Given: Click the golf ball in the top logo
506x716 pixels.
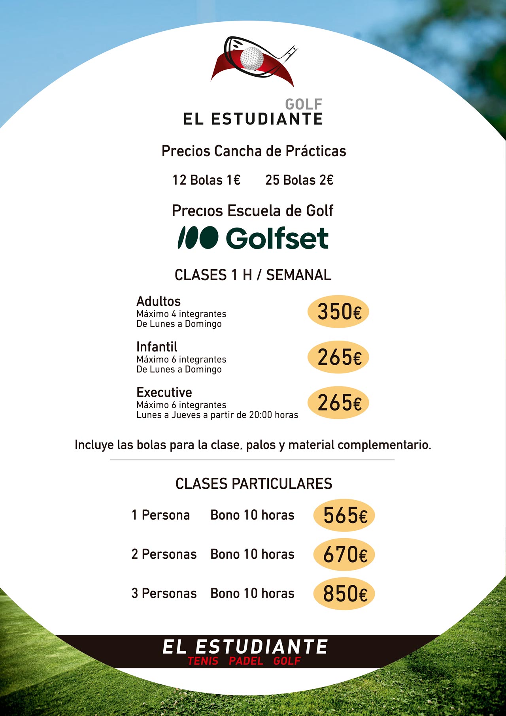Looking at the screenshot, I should pyautogui.click(x=252, y=58).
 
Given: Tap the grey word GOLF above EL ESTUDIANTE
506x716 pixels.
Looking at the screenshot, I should pyautogui.click(x=304, y=104).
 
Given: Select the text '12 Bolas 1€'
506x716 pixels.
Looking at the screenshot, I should pyautogui.click(x=206, y=180).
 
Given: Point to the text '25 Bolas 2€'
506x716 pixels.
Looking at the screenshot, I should pyautogui.click(x=299, y=180).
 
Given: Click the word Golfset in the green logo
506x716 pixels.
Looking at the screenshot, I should pyautogui.click(x=277, y=238).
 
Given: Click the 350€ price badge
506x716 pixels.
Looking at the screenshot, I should pyautogui.click(x=338, y=312).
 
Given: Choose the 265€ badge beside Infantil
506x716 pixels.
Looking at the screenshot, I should pyautogui.click(x=338, y=357).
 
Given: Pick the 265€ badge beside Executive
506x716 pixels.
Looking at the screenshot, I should pyautogui.click(x=338, y=403).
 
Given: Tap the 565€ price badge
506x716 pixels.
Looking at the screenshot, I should pyautogui.click(x=344, y=515).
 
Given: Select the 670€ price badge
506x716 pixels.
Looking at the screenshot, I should pyautogui.click(x=344, y=554).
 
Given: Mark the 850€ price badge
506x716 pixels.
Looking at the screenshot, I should pyautogui.click(x=344, y=594).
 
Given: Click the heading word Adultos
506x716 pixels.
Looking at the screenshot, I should pyautogui.click(x=159, y=301).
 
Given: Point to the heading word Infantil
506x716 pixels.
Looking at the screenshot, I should pyautogui.click(x=157, y=347).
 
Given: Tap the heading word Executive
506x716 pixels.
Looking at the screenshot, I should pyautogui.click(x=164, y=392).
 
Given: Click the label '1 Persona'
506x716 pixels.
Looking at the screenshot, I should pyautogui.click(x=160, y=515).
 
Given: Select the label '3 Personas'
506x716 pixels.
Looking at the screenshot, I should pyautogui.click(x=164, y=594).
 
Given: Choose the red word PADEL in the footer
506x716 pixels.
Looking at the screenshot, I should pyautogui.click(x=246, y=661).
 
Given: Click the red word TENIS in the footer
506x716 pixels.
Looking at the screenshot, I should pyautogui.click(x=203, y=661).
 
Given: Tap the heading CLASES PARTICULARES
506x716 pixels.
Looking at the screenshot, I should pyautogui.click(x=254, y=484).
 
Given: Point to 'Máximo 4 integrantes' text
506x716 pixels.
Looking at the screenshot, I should pyautogui.click(x=181, y=314).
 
